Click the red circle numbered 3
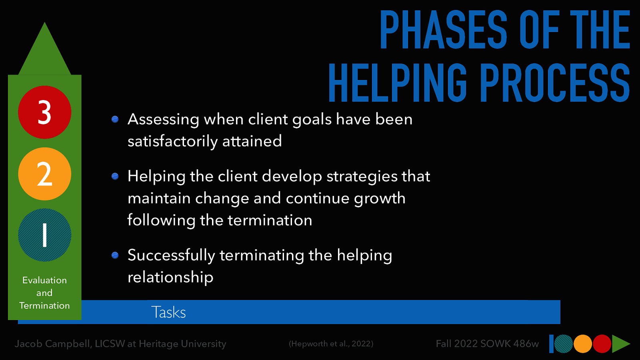point(44,112)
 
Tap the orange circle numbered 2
point(44,174)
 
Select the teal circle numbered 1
point(44,235)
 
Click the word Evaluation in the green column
point(44,280)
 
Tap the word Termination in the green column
point(44,306)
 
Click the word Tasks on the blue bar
point(168,312)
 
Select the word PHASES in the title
point(443,30)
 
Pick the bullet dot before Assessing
point(115,119)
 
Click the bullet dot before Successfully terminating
point(115,255)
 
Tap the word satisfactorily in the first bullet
point(172,141)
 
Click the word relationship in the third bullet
point(170,277)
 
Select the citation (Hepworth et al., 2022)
point(331,344)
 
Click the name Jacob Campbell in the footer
point(52,344)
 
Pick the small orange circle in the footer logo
point(583,344)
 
